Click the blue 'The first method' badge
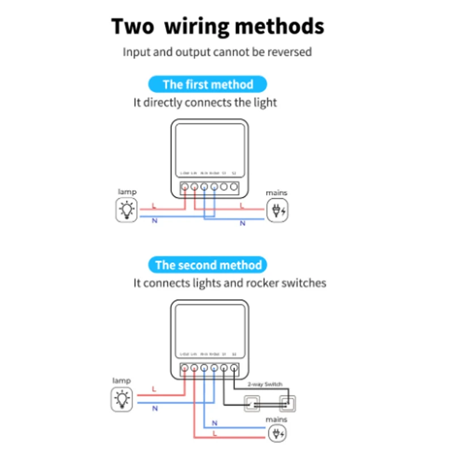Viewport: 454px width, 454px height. pyautogui.click(x=208, y=85)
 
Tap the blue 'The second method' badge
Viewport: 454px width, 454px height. pyautogui.click(x=208, y=265)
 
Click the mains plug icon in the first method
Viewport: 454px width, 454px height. pyautogui.click(x=278, y=211)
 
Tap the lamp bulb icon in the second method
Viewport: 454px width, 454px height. pyautogui.click(x=123, y=399)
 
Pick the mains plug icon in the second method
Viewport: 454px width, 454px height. pyautogui.click(x=278, y=434)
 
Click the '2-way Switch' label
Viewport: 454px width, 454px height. pyautogui.click(x=264, y=385)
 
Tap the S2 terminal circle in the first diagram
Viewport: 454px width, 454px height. pyautogui.click(x=234, y=186)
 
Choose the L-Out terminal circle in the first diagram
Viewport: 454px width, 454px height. pyautogui.click(x=184, y=186)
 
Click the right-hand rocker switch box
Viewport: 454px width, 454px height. pyautogui.click(x=287, y=404)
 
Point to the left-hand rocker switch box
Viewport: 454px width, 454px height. pyautogui.click(x=252, y=404)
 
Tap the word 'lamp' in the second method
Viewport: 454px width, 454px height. pyautogui.click(x=121, y=381)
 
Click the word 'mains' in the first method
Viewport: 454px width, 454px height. pyautogui.click(x=277, y=193)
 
